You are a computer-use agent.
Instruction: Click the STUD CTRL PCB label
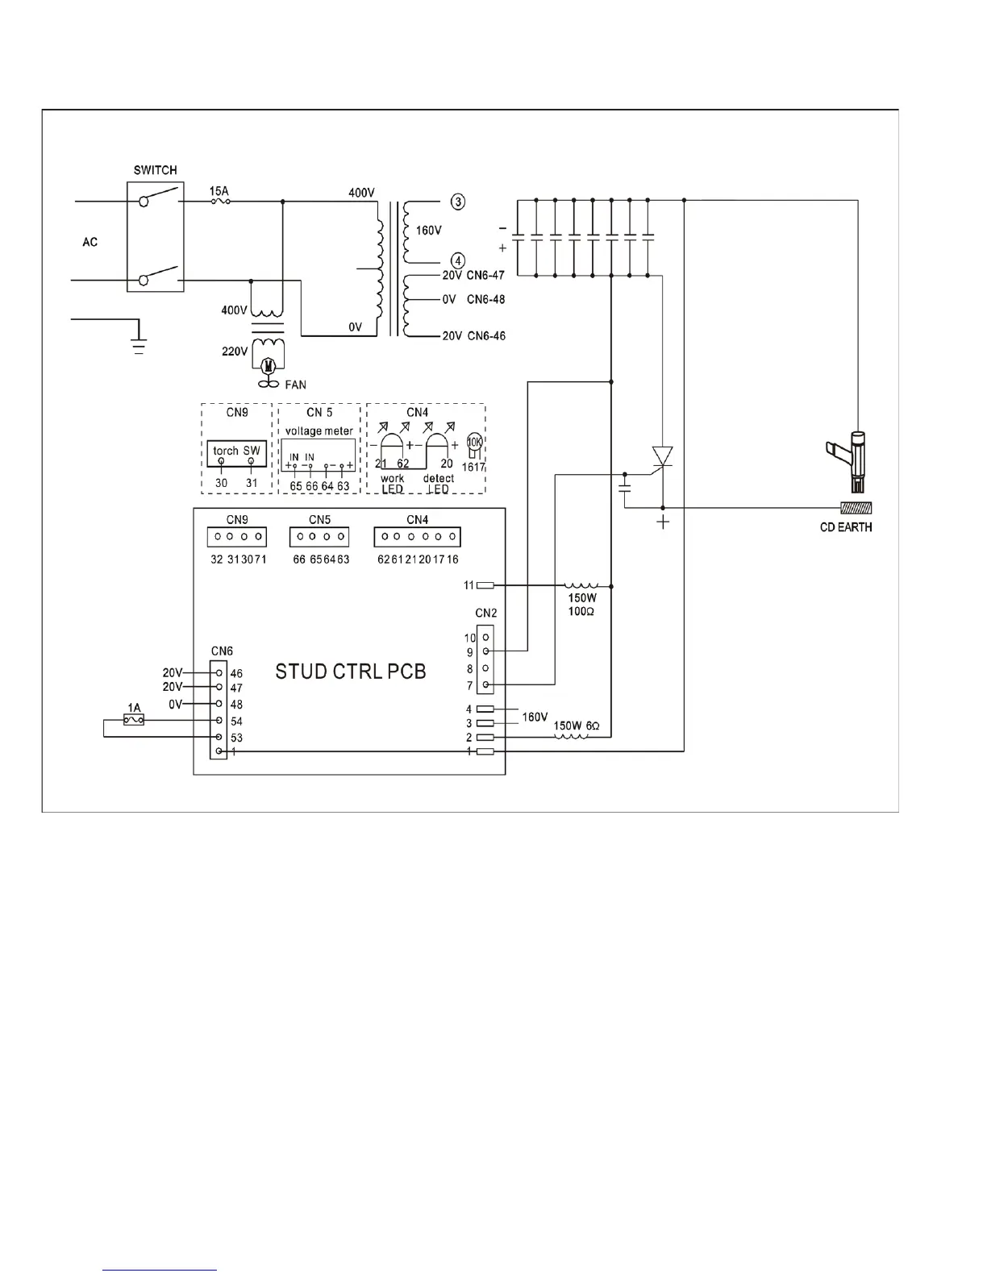[x=350, y=672]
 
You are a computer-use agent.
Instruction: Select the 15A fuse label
[x=219, y=191]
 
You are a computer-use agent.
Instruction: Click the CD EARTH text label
[x=845, y=527]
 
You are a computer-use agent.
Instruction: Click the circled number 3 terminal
[x=457, y=202]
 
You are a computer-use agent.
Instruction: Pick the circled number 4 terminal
[x=457, y=261]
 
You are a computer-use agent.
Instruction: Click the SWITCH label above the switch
[x=155, y=170]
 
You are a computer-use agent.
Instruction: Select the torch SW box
[x=236, y=453]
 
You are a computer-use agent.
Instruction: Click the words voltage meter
[x=319, y=431]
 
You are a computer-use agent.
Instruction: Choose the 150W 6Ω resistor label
[x=577, y=726]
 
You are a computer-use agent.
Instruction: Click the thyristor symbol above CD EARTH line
[x=662, y=457]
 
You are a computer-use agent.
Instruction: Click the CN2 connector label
[x=486, y=613]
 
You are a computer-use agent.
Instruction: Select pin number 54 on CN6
[x=236, y=722]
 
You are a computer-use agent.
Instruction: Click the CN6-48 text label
[x=486, y=299]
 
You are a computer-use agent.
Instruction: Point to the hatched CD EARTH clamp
[x=857, y=509]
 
